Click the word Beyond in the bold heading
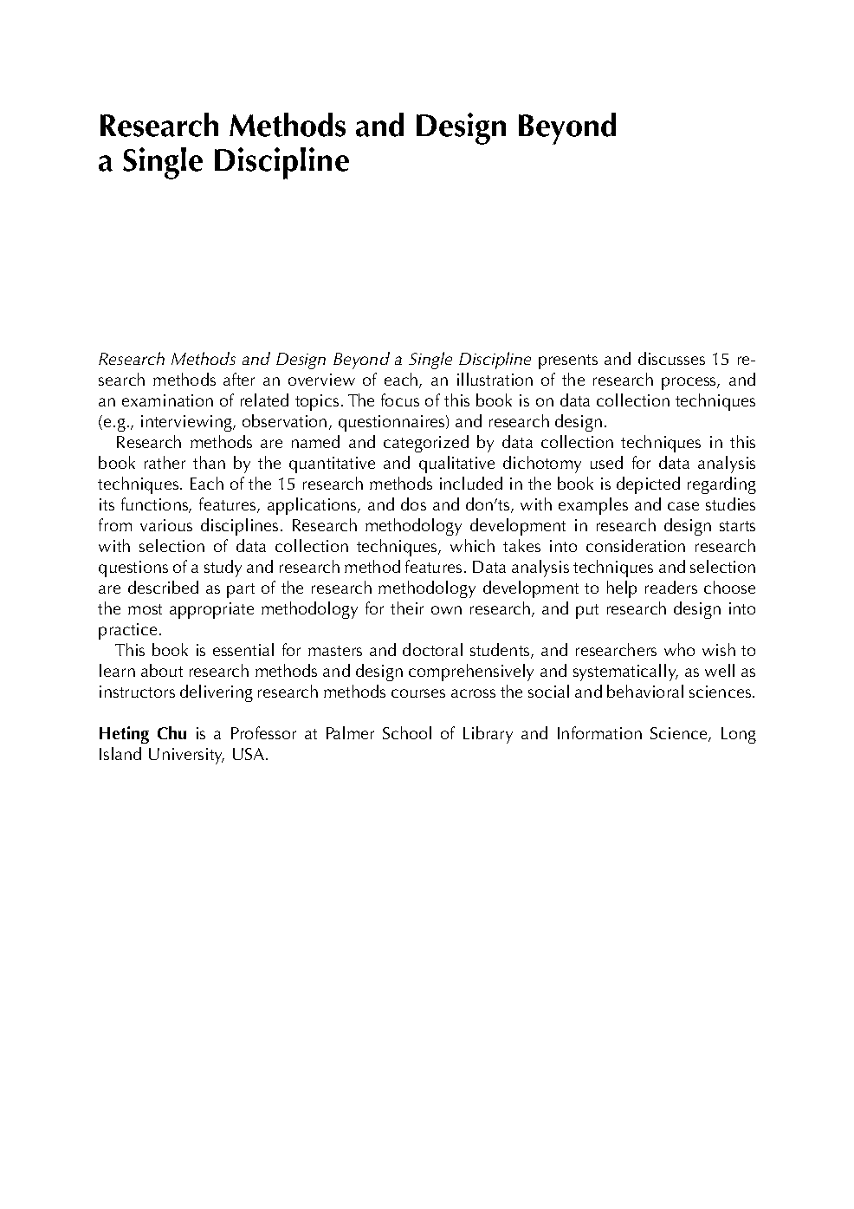click(566, 127)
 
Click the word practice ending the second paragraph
click(129, 630)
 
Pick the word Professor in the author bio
click(262, 734)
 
